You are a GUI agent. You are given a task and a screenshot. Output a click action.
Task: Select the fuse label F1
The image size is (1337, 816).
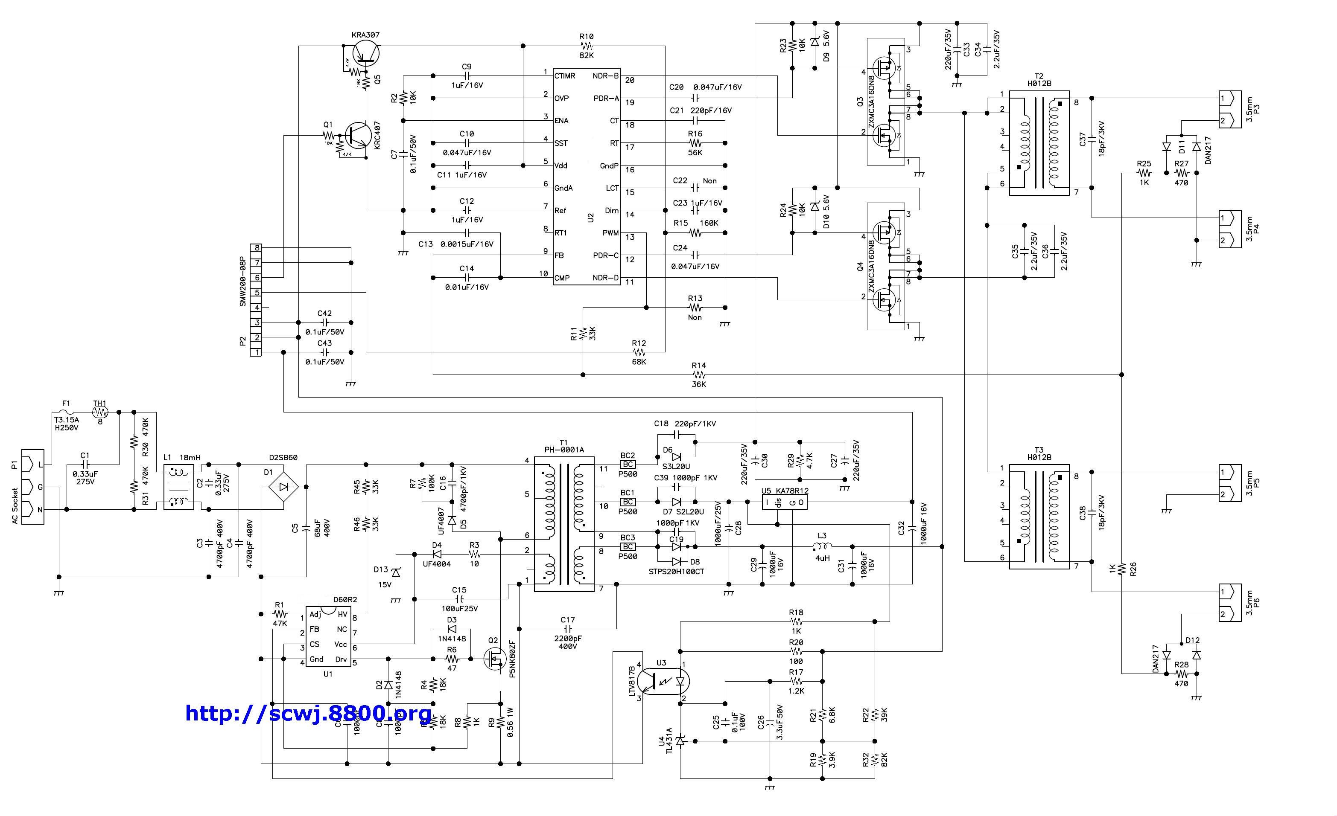tap(66, 404)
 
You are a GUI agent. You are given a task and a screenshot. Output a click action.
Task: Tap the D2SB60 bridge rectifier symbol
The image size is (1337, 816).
tap(284, 486)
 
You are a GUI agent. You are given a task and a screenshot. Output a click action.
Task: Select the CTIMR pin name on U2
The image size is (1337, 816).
tap(565, 76)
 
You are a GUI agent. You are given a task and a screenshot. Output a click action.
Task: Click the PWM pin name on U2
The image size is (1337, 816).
tap(610, 233)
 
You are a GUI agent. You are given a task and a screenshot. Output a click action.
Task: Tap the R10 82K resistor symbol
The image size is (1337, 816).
tap(587, 46)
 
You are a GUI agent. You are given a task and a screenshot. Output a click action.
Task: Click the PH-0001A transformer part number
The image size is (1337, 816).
tap(564, 450)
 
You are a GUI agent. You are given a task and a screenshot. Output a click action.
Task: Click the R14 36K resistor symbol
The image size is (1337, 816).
tap(698, 375)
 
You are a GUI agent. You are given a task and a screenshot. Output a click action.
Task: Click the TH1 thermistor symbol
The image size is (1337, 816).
tap(100, 412)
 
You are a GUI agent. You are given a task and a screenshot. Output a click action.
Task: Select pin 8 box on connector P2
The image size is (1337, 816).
tap(256, 248)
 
